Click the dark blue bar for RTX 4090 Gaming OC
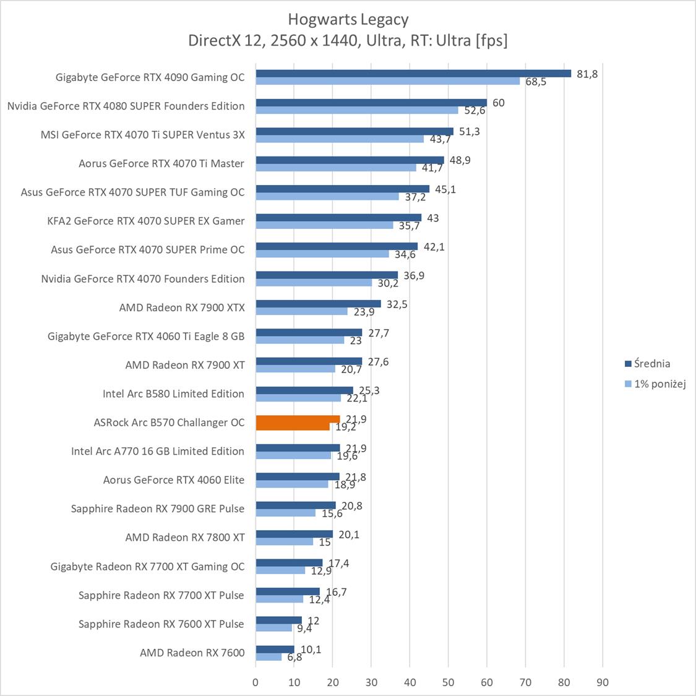click(413, 73)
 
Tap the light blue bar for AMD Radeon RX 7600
click(269, 656)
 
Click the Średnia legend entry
click(651, 364)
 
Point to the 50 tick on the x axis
click(449, 682)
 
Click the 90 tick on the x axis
click(603, 682)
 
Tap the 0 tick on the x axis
click(256, 682)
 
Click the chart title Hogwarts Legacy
click(348, 19)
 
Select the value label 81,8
click(586, 74)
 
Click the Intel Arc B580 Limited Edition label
click(173, 393)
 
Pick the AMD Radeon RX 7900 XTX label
click(182, 307)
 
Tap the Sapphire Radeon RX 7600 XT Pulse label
click(161, 624)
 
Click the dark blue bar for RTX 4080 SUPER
click(371, 102)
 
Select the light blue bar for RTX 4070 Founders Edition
click(314, 283)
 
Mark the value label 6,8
click(294, 657)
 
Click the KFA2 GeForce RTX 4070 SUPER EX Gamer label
click(145, 221)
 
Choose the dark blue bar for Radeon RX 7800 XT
click(294, 534)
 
